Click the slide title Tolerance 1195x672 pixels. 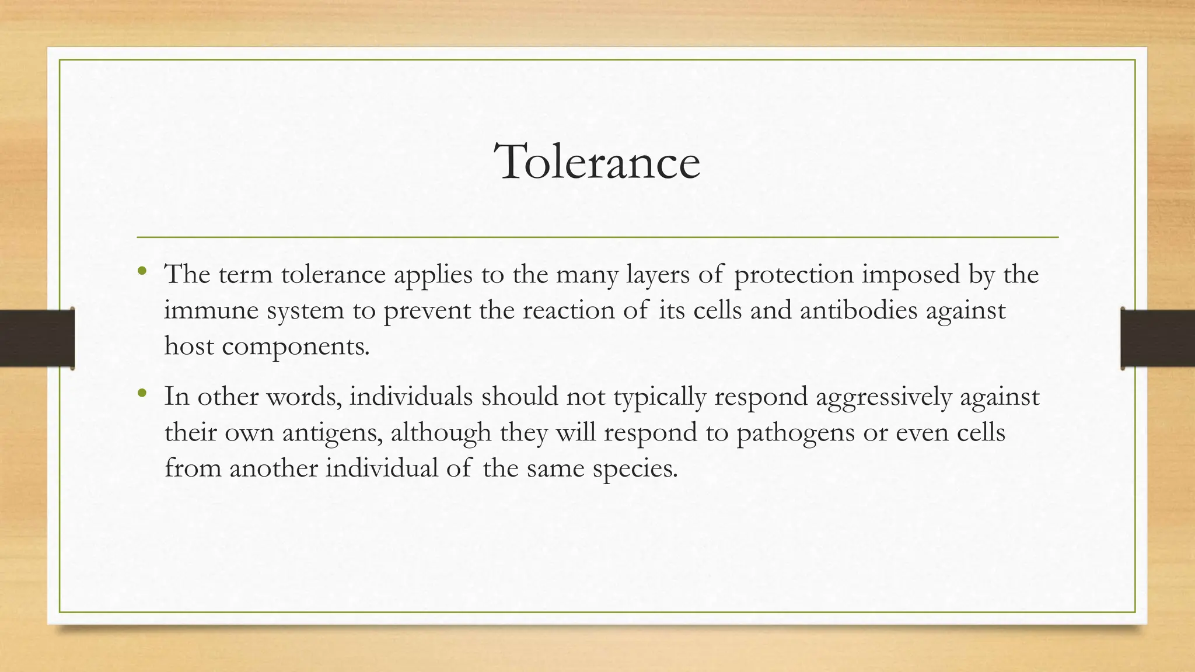coord(597,162)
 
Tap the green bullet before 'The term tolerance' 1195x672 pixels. coord(142,271)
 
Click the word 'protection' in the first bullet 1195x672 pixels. coord(794,275)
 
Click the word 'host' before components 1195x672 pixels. coord(188,346)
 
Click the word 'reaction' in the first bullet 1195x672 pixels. coord(568,310)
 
